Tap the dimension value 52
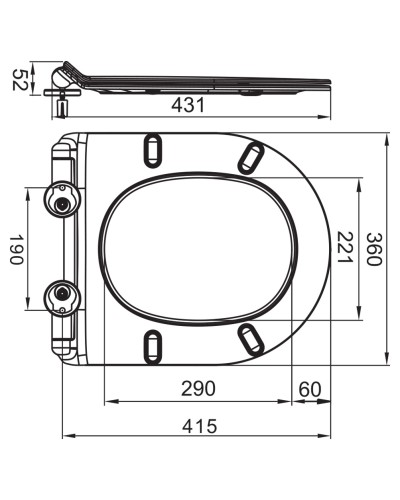point(17,79)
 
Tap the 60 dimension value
point(309,388)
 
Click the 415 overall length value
point(199,426)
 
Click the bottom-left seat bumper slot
point(154,346)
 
